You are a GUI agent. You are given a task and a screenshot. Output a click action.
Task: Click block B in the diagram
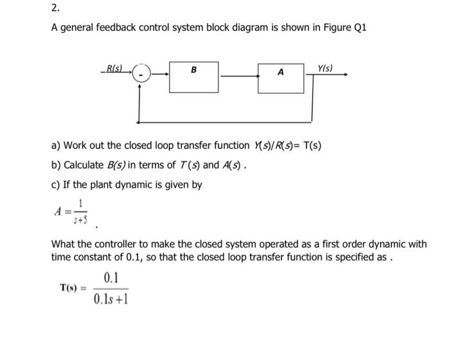coord(194,76)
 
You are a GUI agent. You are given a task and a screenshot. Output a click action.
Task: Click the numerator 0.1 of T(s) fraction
coord(111,278)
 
